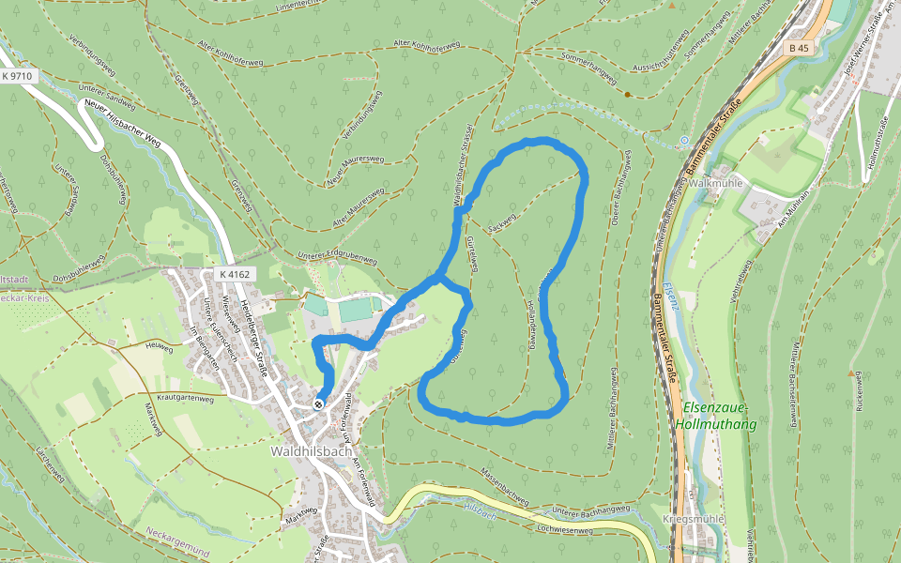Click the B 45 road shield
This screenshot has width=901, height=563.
(799, 48)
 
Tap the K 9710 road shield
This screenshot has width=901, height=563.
(18, 75)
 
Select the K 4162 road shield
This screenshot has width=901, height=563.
(233, 274)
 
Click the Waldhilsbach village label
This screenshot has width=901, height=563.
(311, 451)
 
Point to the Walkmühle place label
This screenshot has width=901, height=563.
(715, 183)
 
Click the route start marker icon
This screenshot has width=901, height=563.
(319, 404)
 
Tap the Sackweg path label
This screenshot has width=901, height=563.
(503, 221)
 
